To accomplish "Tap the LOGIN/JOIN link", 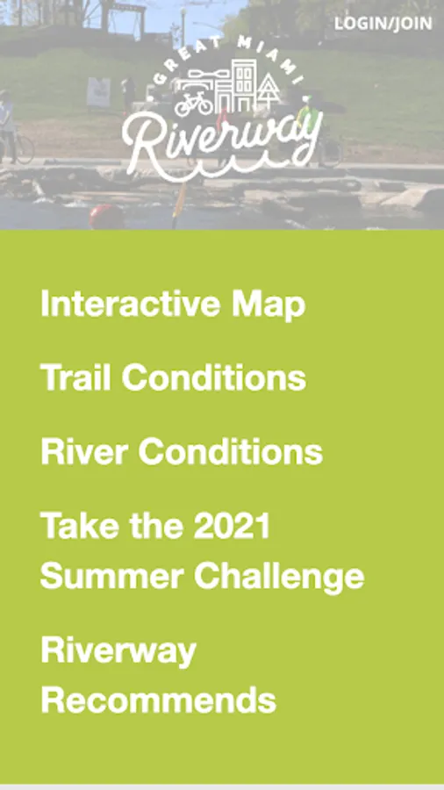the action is tap(383, 24).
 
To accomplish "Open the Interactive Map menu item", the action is tap(173, 305).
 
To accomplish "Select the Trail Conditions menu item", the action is tap(173, 377).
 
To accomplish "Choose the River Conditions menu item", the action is tap(182, 451).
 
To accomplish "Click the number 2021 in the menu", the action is tap(232, 525).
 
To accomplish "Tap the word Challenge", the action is tap(279, 577).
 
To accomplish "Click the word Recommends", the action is tap(158, 699).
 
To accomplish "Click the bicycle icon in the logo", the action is tap(194, 104).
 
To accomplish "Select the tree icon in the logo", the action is tap(270, 90).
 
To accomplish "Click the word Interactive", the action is tap(131, 304).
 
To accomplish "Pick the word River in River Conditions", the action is tap(84, 451).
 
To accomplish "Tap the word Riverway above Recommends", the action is tap(118, 651).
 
